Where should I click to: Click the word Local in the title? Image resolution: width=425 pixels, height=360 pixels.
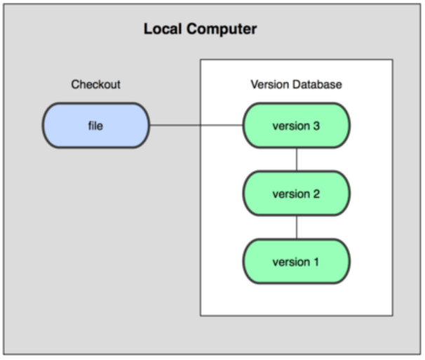163,29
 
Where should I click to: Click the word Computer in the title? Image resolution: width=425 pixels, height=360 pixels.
222,29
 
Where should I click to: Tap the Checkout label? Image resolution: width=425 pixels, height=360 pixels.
95,84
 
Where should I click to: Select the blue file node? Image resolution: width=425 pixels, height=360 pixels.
95,126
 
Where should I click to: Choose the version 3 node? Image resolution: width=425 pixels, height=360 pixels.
296,126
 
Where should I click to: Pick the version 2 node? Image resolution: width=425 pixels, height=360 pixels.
296,194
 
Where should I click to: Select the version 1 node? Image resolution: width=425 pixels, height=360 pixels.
296,262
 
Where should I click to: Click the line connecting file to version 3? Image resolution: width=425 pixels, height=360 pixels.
196,126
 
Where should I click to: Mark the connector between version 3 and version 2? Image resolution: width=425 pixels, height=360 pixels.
297,159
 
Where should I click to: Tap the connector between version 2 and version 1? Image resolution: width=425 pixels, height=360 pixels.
297,227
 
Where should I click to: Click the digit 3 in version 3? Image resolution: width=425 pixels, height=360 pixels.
316,126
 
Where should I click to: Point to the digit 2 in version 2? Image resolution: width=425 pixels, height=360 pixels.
316,194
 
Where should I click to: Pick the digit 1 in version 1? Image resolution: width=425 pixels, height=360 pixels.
316,262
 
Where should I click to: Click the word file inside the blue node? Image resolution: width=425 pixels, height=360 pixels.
95,126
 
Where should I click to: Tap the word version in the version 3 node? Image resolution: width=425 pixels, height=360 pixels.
291,126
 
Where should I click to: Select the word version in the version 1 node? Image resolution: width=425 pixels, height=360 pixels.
291,262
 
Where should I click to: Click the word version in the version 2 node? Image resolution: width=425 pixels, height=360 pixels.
291,194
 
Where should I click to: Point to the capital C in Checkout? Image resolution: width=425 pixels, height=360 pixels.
75,84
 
